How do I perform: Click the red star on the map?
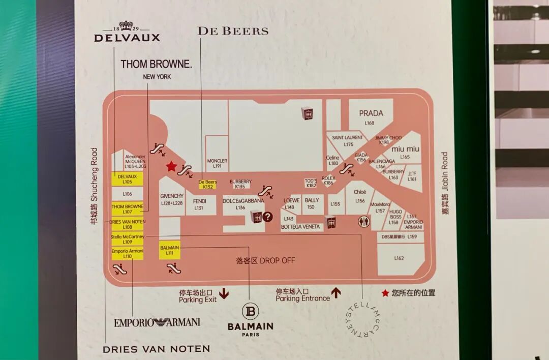[x=171, y=166]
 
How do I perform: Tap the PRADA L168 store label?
[x=371, y=116]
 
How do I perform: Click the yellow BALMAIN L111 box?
[x=170, y=250]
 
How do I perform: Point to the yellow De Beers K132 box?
[x=207, y=184]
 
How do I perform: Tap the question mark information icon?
[x=268, y=217]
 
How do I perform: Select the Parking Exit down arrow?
[x=224, y=294]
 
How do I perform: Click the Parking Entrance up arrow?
[x=335, y=293]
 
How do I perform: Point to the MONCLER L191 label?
[x=217, y=163]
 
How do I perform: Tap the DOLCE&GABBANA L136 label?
[x=243, y=203]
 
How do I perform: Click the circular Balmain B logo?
[x=250, y=311]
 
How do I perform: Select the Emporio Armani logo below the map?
[x=157, y=322]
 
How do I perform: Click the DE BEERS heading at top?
[x=233, y=31]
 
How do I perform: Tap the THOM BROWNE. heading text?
[x=156, y=65]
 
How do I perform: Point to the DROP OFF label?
[x=265, y=260]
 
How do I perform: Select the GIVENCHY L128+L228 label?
[x=172, y=199]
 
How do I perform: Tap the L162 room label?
[x=399, y=258]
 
